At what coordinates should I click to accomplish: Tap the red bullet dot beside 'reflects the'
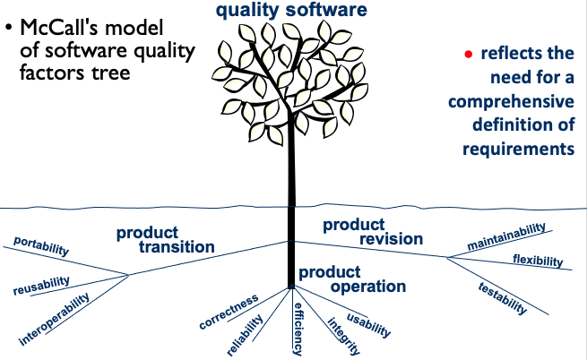(x=466, y=55)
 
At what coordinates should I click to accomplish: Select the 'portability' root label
(x=40, y=245)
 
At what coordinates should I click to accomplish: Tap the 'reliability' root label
(x=246, y=334)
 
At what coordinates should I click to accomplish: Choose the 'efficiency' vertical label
(x=298, y=327)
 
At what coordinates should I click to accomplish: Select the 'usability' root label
(x=368, y=325)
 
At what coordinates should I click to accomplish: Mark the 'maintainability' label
(x=506, y=237)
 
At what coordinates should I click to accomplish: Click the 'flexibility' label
(x=537, y=261)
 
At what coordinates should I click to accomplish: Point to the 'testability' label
(x=502, y=296)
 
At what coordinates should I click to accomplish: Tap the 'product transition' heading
(x=165, y=239)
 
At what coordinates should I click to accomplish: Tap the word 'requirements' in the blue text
(x=517, y=148)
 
